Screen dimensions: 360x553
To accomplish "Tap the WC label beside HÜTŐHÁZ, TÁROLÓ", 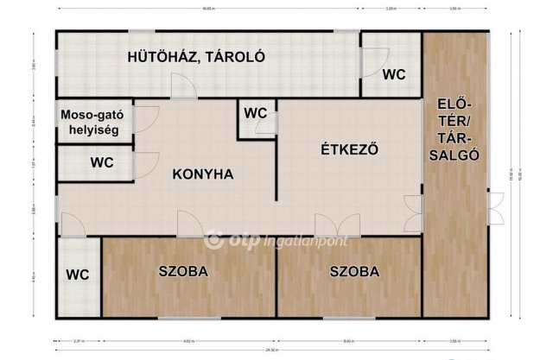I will coord(395,74).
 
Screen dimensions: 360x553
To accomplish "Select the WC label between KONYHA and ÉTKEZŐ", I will coord(255,113).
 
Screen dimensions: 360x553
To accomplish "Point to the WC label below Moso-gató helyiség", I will coord(102,161).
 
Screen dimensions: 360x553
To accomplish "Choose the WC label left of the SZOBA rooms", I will coord(79,275).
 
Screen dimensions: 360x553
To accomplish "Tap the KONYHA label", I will coord(203,173).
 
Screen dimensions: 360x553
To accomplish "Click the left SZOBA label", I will coord(183,271).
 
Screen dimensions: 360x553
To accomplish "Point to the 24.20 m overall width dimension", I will coord(277,349).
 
